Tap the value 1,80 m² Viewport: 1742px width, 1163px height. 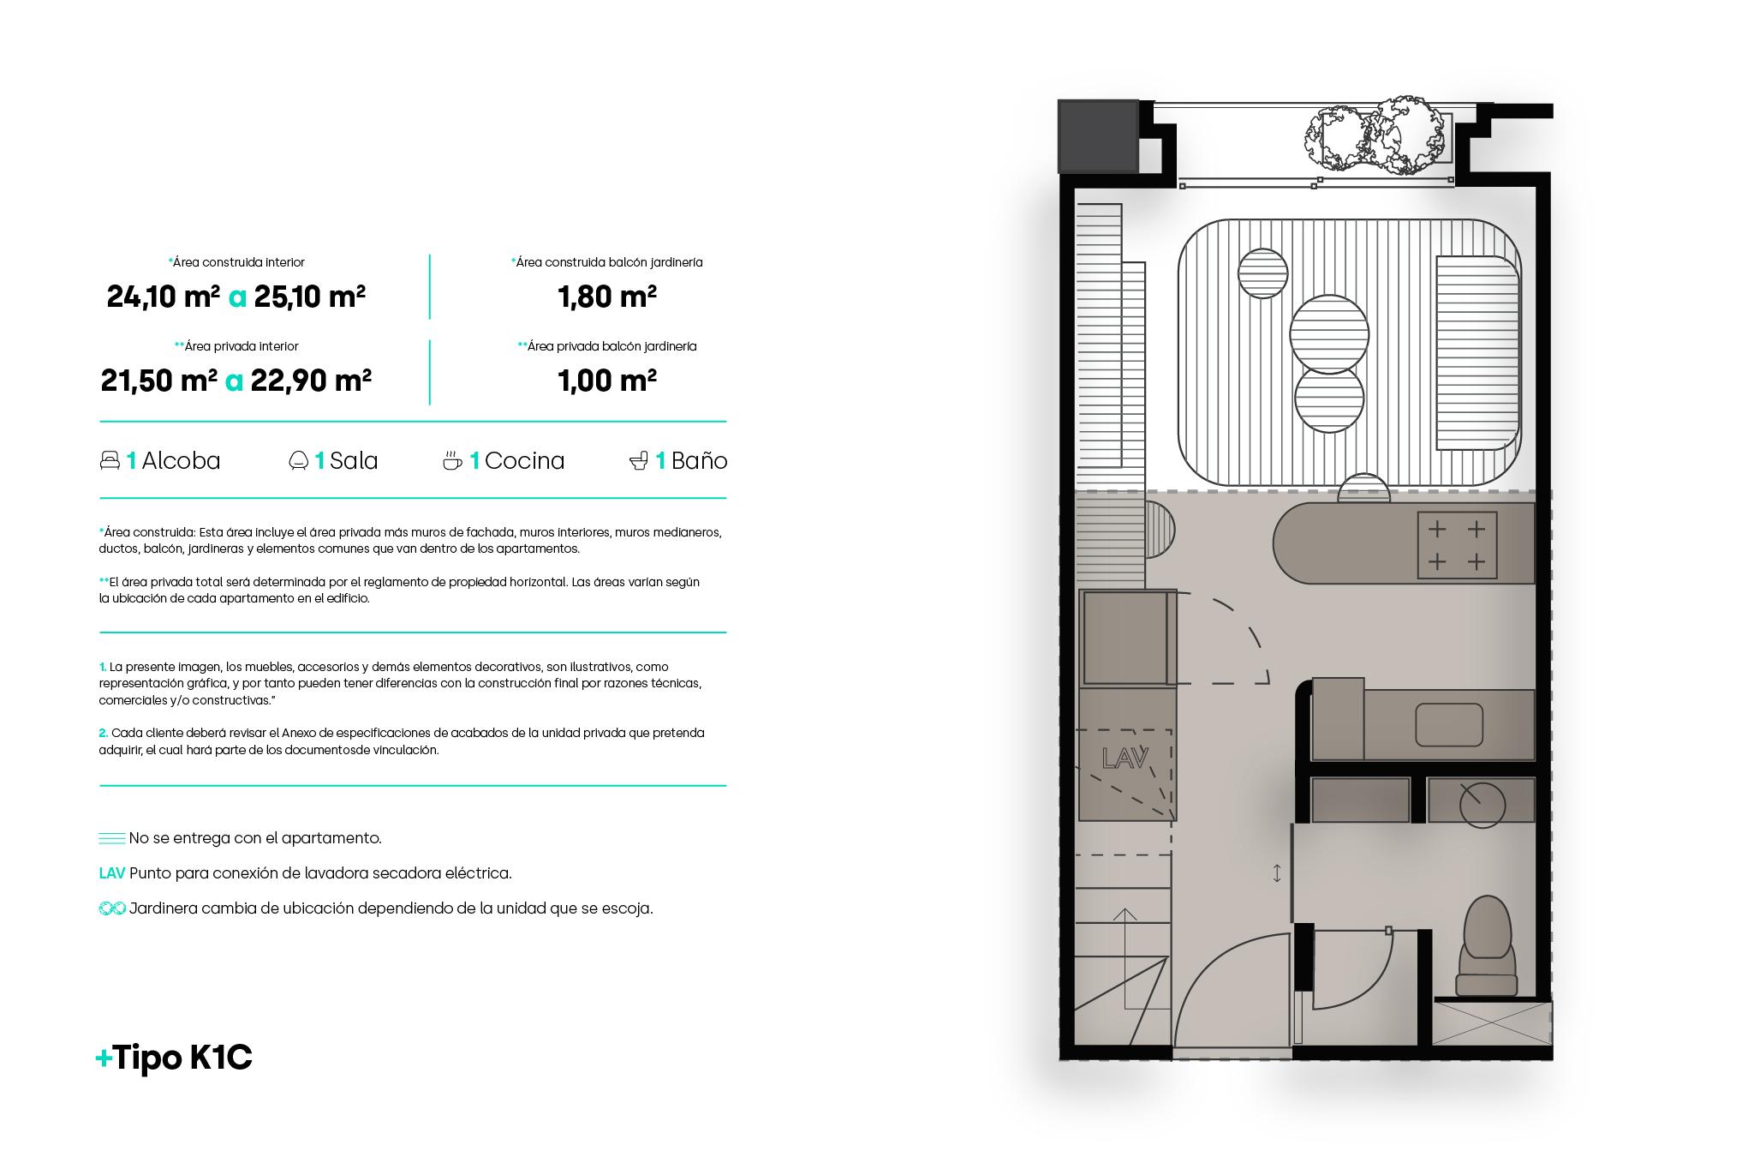pyautogui.click(x=606, y=297)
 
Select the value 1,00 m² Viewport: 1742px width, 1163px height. pyautogui.click(x=606, y=381)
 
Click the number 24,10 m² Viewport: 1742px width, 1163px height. pyautogui.click(x=163, y=297)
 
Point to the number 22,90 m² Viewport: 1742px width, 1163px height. pyautogui.click(x=310, y=381)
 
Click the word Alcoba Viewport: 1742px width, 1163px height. pyautogui.click(x=181, y=461)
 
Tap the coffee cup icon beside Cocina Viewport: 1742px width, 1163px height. pyautogui.click(x=452, y=461)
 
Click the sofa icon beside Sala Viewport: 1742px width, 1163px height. pyautogui.click(x=298, y=461)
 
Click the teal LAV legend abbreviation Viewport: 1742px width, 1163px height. pyautogui.click(x=111, y=873)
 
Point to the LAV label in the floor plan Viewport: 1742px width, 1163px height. pyautogui.click(x=1125, y=759)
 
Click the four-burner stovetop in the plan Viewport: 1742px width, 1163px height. pyautogui.click(x=1457, y=545)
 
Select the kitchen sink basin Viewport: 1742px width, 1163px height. pyautogui.click(x=1448, y=724)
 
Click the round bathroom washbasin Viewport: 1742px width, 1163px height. pyautogui.click(x=1482, y=805)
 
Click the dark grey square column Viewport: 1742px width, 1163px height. pyautogui.click(x=1097, y=135)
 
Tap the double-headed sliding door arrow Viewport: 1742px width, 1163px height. pyautogui.click(x=1277, y=873)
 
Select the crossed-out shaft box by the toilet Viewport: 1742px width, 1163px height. pyautogui.click(x=1491, y=1022)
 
